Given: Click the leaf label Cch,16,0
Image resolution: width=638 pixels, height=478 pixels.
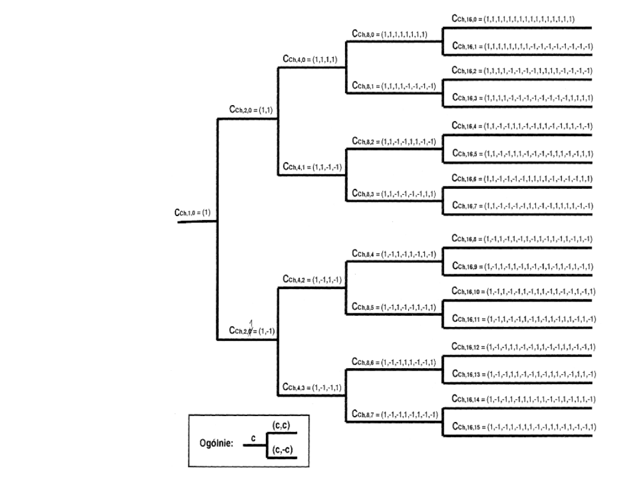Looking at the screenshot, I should [x=513, y=19].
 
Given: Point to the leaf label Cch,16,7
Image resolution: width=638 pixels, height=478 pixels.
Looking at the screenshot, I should [x=522, y=205].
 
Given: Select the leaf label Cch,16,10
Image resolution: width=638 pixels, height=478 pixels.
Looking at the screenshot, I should [x=522, y=292].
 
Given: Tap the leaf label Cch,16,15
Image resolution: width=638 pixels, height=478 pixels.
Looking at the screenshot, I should [x=522, y=427].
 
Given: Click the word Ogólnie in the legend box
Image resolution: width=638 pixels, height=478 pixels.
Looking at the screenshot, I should [x=216, y=443].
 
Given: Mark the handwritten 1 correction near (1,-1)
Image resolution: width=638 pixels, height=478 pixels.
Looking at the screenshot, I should [x=252, y=322].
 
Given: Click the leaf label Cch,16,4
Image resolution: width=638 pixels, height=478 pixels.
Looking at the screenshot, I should [x=522, y=126].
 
